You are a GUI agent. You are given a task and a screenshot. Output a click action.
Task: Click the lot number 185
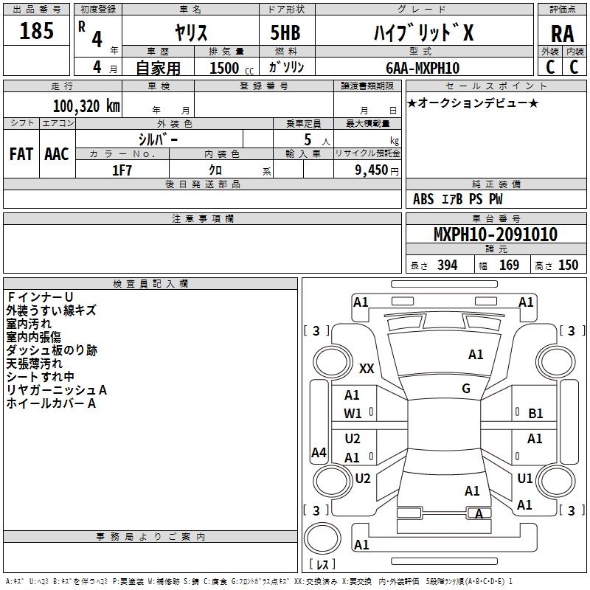[x=37, y=32]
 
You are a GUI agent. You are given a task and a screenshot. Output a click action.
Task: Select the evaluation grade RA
[x=562, y=33]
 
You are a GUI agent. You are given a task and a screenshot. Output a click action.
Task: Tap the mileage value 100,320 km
[x=86, y=105]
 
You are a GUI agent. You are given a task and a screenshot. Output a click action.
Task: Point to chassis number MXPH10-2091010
[x=496, y=235]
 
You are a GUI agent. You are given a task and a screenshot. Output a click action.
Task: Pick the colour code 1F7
[x=122, y=170]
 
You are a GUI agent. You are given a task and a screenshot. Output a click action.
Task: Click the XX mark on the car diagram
[x=367, y=368]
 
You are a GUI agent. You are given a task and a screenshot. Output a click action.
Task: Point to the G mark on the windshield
[x=466, y=389]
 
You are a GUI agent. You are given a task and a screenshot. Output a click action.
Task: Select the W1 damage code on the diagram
[x=353, y=414]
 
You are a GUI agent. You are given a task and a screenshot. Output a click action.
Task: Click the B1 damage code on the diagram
[x=536, y=414]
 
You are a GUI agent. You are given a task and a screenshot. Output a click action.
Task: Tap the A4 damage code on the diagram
[x=319, y=453]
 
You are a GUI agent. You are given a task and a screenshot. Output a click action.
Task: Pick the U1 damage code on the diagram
[x=525, y=478]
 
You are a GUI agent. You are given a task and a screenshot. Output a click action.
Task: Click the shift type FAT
[x=21, y=154]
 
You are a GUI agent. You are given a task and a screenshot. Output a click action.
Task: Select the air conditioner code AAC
[x=56, y=154]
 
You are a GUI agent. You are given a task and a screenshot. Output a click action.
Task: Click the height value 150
[x=568, y=265]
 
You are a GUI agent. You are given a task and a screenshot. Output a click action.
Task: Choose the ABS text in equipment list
[x=423, y=199]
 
